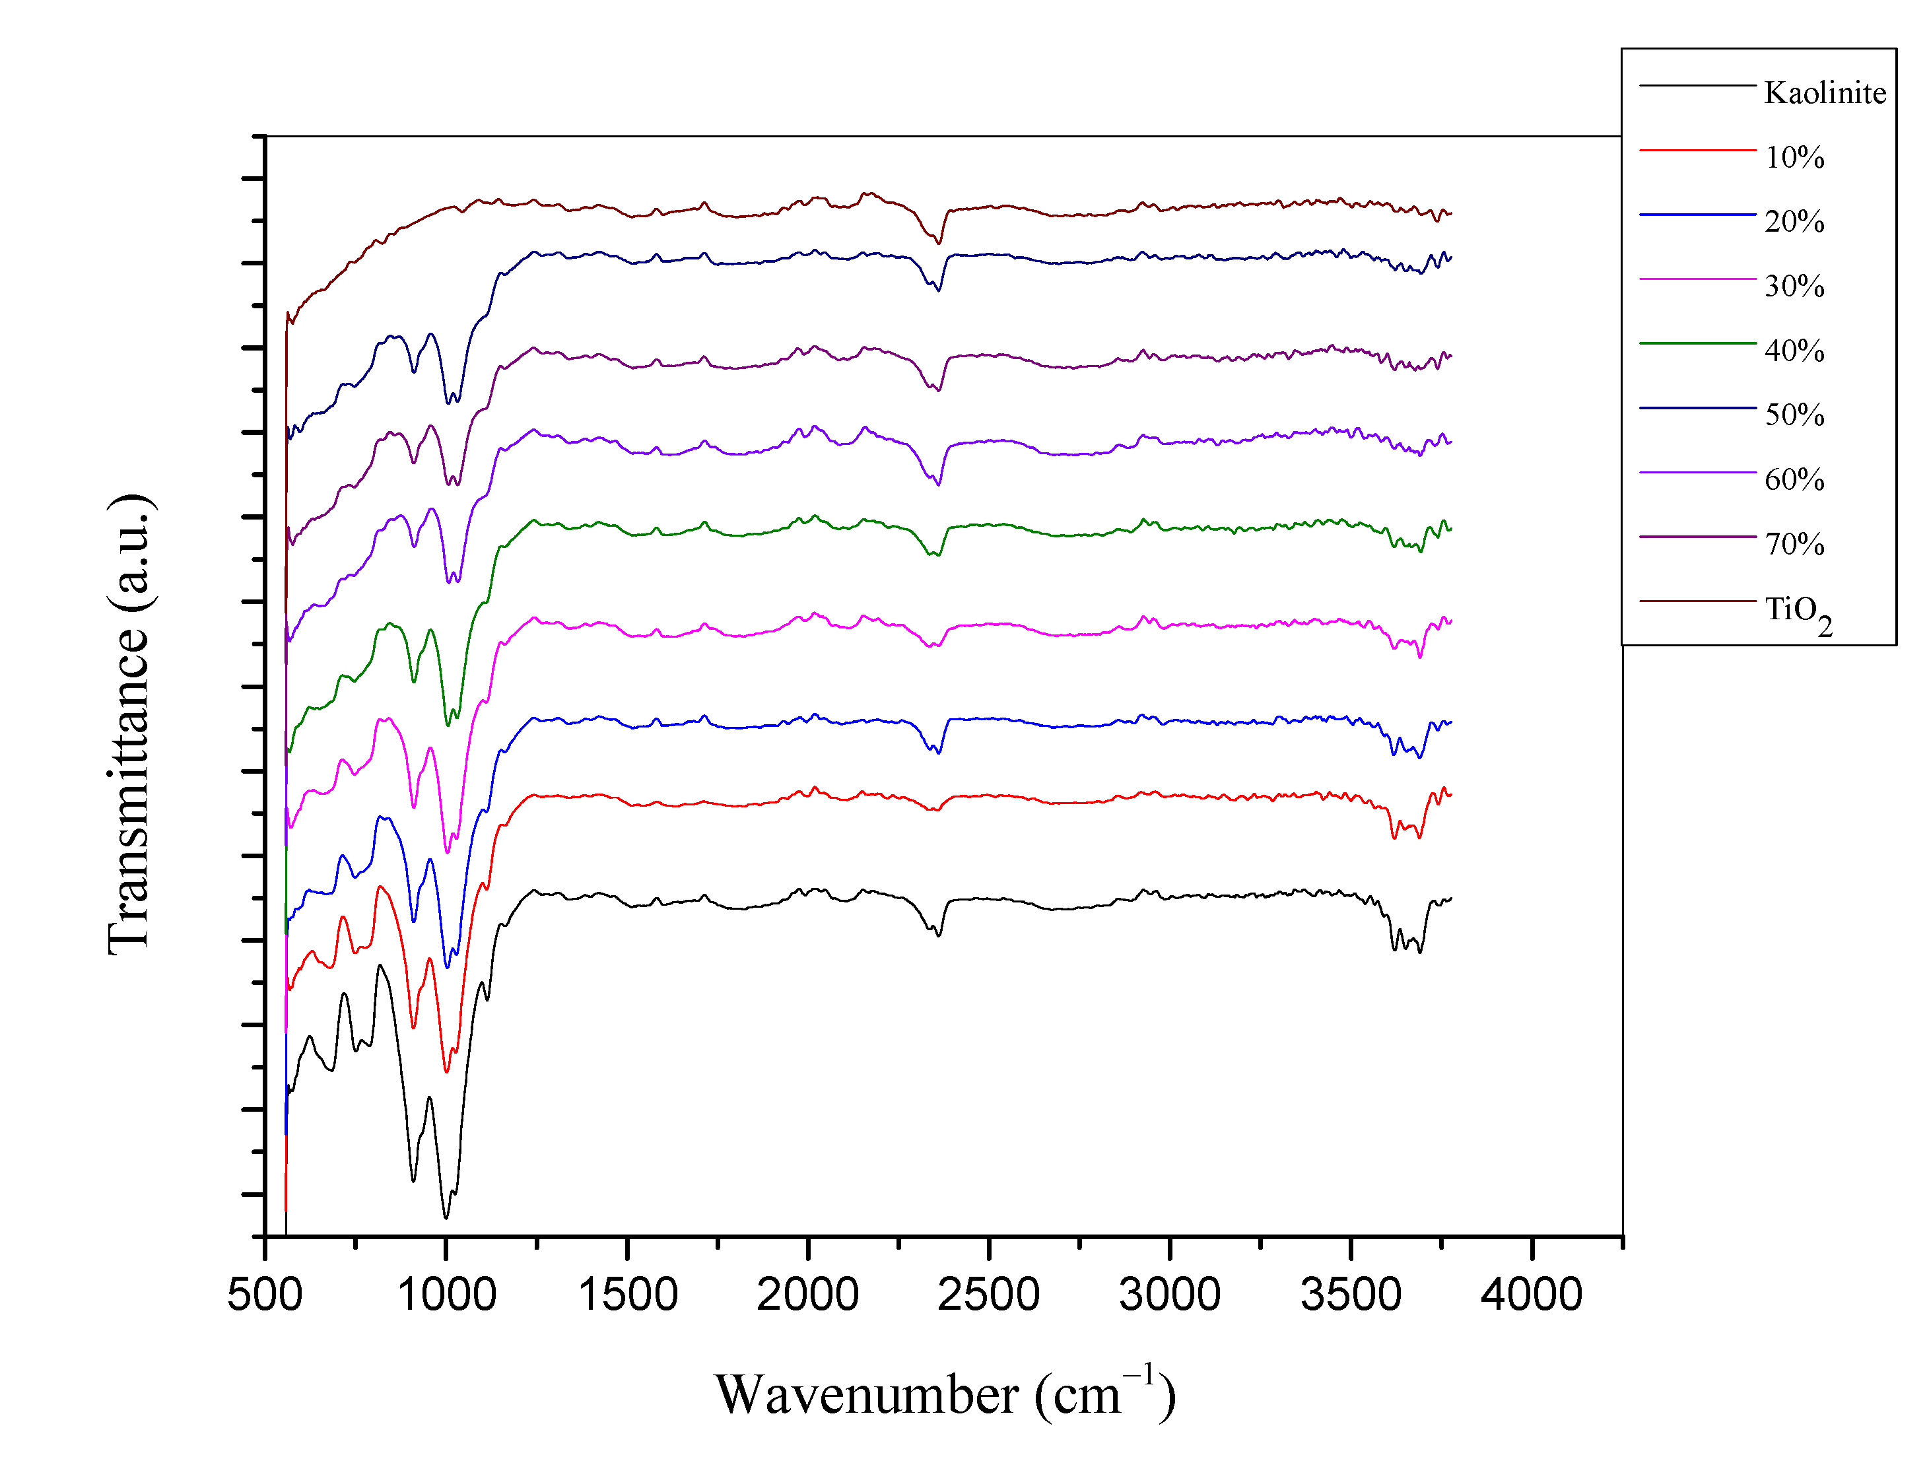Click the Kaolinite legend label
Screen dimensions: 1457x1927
point(1824,92)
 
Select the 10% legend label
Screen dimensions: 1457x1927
point(1794,157)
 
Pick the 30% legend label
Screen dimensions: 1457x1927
point(1794,286)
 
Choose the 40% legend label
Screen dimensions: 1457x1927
point(1794,351)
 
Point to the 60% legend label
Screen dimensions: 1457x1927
point(1794,479)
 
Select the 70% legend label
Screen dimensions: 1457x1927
point(1794,544)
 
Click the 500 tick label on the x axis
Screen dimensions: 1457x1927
point(265,1294)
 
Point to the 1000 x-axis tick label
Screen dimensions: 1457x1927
point(447,1294)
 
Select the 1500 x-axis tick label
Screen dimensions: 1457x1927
point(628,1294)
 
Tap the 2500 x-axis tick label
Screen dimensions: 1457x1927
point(989,1294)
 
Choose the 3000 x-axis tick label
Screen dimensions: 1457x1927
point(1170,1294)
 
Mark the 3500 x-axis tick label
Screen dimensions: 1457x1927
point(1351,1294)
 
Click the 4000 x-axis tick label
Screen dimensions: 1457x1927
point(1532,1294)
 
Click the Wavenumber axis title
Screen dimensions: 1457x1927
point(945,1395)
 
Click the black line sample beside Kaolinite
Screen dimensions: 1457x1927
point(1697,85)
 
